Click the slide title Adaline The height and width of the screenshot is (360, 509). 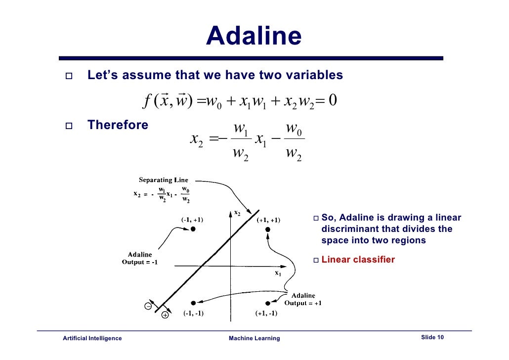click(254, 36)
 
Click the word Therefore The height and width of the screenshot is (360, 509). click(118, 125)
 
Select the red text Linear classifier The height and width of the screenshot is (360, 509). click(358, 260)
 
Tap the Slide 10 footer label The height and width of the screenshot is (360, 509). click(432, 337)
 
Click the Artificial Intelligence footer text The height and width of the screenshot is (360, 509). click(92, 338)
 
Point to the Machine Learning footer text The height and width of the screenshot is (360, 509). click(254, 338)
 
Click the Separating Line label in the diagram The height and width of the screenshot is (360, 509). click(163, 180)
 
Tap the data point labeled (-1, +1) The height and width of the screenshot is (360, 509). click(193, 229)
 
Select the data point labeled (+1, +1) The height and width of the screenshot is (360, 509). click(267, 229)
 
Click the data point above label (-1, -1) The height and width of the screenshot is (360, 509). click(193, 303)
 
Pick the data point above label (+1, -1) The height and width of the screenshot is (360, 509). click(267, 303)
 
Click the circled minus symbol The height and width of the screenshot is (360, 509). click(148, 306)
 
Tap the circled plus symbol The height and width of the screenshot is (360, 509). click(165, 315)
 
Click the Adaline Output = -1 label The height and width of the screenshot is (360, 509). click(140, 258)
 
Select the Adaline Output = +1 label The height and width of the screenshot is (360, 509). click(302, 299)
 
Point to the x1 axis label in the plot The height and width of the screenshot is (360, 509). click(278, 273)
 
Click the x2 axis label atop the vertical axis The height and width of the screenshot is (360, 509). click(237, 213)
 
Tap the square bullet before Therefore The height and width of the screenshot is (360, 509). click(68, 126)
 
